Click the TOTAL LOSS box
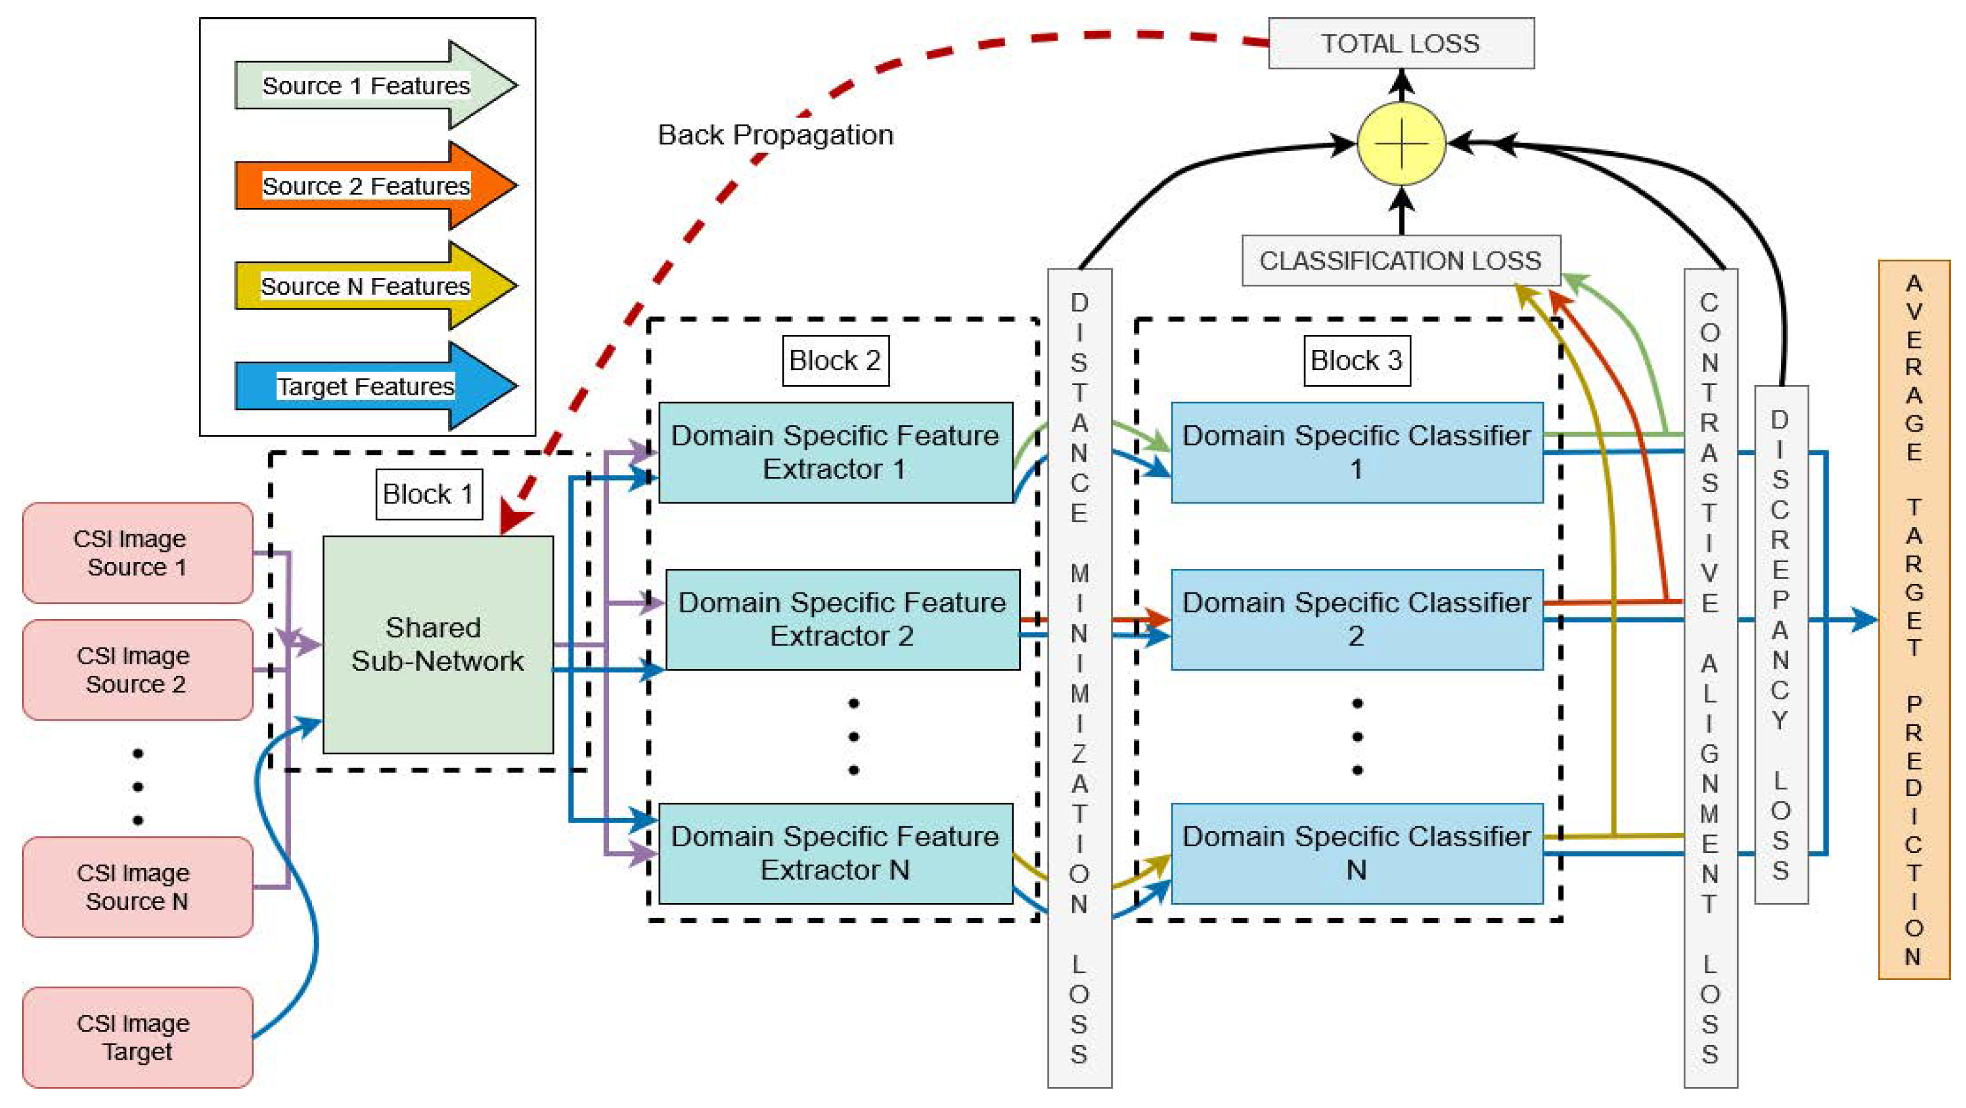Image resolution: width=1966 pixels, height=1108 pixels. pyautogui.click(x=1401, y=44)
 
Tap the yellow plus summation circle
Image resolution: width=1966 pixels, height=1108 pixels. pyautogui.click(x=1401, y=143)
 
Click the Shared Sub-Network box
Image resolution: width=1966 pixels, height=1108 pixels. pyautogui.click(x=437, y=645)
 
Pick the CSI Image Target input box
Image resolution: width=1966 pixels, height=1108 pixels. pyautogui.click(x=137, y=1037)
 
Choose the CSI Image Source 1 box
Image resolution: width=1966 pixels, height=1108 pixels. pyautogui.click(x=137, y=552)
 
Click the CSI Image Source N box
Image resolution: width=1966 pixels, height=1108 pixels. pyautogui.click(x=137, y=887)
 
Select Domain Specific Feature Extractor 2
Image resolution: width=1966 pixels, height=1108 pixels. pyautogui.click(x=842, y=620)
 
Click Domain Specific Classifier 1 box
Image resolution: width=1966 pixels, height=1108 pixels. pyautogui.click(x=1356, y=453)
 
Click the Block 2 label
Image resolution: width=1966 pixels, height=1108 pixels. pyautogui.click(x=835, y=360)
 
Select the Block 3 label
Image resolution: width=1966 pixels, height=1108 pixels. pyautogui.click(x=1356, y=360)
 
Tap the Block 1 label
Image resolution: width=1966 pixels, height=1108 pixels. pyautogui.click(x=428, y=494)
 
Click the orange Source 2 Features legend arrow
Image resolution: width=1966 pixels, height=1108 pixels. pyautogui.click(x=374, y=186)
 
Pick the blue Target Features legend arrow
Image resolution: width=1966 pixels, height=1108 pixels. pyautogui.click(x=374, y=386)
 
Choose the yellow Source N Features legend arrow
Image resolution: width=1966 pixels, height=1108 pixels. pyautogui.click(x=374, y=286)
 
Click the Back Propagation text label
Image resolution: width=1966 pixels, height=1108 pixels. pyautogui.click(x=775, y=135)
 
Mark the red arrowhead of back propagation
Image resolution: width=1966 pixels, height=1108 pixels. pyautogui.click(x=513, y=519)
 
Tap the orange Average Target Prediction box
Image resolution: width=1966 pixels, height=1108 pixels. pyautogui.click(x=1913, y=620)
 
